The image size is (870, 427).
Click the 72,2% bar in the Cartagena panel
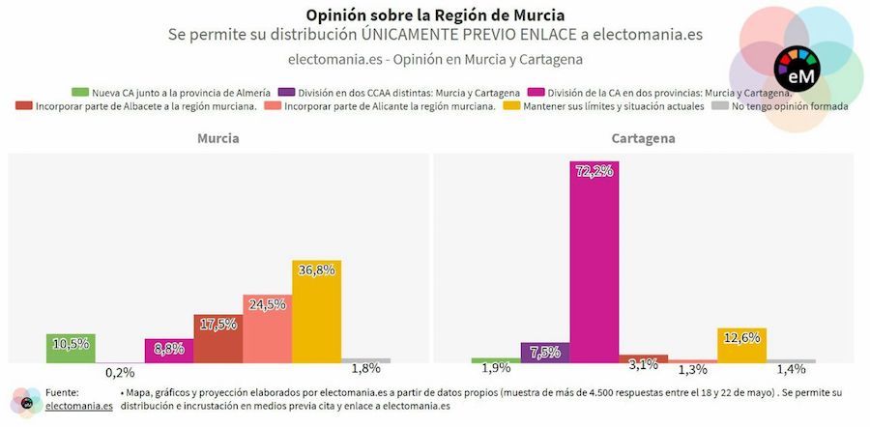coord(594,261)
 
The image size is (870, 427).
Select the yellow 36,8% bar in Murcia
coord(316,311)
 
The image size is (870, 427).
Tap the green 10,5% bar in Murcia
coord(71,349)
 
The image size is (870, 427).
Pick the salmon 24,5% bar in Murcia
coord(267,328)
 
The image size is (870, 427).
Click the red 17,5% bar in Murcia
coord(217,339)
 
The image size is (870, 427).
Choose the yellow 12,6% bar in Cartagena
coord(741,346)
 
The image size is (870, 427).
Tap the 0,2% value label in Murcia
coord(120,372)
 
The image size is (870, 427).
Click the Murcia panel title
coord(218,139)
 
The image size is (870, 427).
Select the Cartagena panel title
coord(644,139)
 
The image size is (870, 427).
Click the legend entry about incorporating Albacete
coord(135,106)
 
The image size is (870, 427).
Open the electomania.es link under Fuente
coord(78,407)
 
